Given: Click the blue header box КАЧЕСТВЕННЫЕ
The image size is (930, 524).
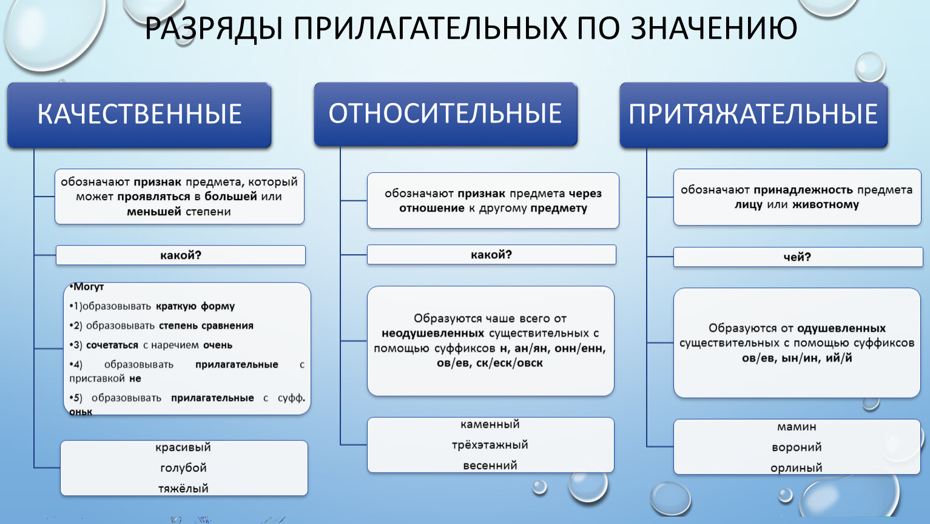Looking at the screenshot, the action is tap(140, 115).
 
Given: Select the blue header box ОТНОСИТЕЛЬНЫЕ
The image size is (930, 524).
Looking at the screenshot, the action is tap(445, 114).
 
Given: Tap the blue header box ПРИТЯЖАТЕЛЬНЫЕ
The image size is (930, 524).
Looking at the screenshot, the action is tap(753, 115).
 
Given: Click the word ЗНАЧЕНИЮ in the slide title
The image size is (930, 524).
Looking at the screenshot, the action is tap(714, 29).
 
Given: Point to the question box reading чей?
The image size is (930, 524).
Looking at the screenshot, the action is tap(798, 257).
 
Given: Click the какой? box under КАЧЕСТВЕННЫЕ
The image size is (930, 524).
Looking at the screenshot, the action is tap(181, 255).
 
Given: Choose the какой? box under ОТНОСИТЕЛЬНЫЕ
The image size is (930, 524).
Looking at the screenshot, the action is tap(491, 255).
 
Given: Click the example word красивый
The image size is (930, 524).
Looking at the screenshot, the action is tap(183, 448).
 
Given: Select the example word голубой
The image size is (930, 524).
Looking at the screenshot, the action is tap(183, 468).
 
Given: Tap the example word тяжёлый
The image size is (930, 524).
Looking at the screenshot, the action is tap(183, 489).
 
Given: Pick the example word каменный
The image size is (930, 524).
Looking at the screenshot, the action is tap(490, 425).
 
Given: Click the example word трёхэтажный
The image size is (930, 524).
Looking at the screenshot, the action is tap(490, 445).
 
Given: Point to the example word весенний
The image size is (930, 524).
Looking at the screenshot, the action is tap(490, 465).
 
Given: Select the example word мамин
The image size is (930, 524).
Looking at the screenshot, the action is tap(797, 427).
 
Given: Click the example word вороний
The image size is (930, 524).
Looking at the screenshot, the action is tap(797, 447).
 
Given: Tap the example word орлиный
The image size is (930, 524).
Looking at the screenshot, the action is tap(797, 468).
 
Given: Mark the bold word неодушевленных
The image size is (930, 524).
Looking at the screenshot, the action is tap(433, 334).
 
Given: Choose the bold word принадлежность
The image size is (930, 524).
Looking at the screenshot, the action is tap(803, 190).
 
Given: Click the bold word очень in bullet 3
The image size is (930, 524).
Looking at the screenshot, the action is tap(218, 346).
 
